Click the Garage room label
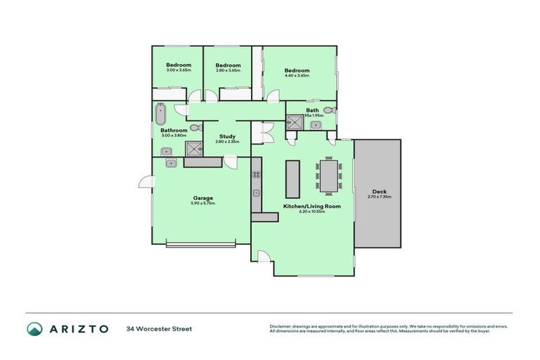[x=203, y=198]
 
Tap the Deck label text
[x=379, y=192]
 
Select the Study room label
[x=227, y=136]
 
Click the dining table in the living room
[x=329, y=176]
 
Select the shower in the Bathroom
[x=192, y=148]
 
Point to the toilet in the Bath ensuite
[x=330, y=110]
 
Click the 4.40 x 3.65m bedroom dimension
[x=297, y=76]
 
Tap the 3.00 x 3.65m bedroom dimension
[x=179, y=70]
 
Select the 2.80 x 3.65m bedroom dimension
[x=228, y=70]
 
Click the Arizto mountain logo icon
[x=34, y=328]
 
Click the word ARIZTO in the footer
[x=78, y=328]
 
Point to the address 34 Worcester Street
[x=159, y=328]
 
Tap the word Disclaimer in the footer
[x=282, y=326]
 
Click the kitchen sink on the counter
[x=257, y=193]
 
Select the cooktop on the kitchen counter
[x=257, y=174]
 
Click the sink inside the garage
[x=171, y=162]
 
